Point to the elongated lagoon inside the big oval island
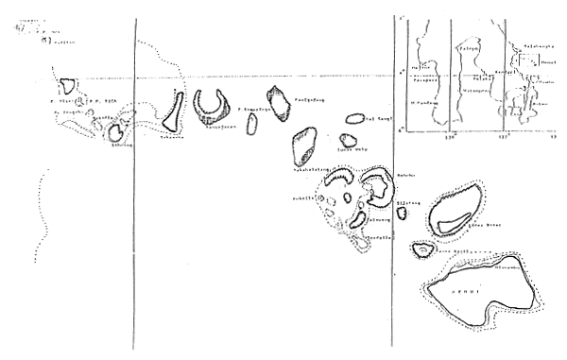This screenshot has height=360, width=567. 452,222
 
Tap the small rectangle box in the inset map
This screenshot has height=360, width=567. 529,60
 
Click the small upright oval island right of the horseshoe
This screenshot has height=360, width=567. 251,123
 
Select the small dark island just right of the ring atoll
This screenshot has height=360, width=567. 402,213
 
